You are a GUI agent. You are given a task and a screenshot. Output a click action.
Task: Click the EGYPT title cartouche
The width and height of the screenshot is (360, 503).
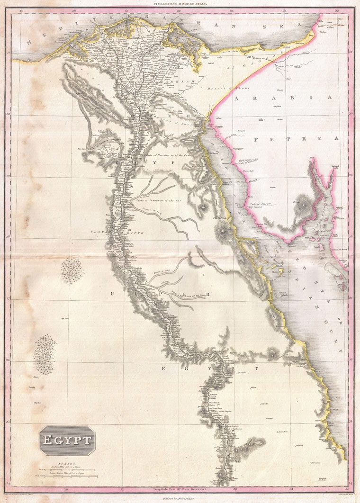68,440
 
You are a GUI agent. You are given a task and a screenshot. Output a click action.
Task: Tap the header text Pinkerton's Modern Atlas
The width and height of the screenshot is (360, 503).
180,4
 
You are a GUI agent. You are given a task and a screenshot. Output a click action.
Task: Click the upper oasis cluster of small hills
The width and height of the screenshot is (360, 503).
72,269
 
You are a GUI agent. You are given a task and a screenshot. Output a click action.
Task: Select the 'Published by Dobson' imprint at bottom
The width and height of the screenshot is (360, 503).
180,498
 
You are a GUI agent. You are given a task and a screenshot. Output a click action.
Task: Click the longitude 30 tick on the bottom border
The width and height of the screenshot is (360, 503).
66,489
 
